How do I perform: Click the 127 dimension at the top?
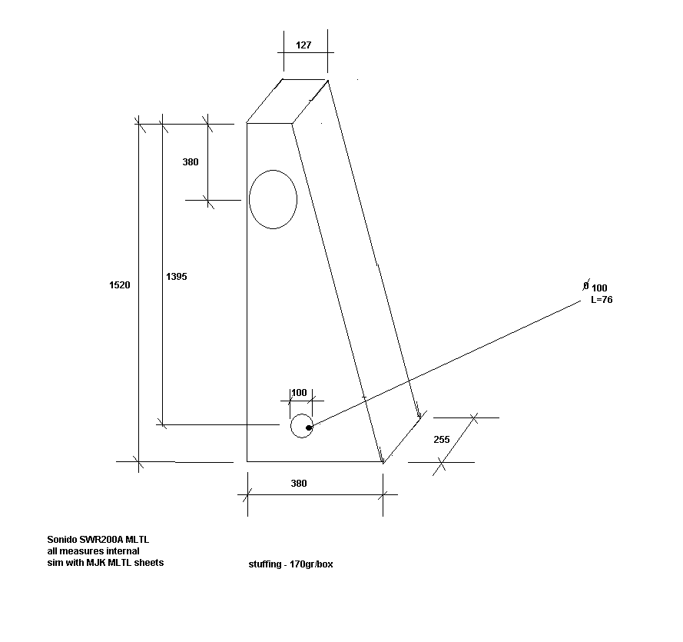pos(303,45)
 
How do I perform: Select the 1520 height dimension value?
pos(119,285)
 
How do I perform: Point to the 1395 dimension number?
pos(177,276)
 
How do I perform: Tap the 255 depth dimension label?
pos(442,439)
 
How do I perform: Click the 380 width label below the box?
pos(299,484)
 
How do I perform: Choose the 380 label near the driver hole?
pos(191,162)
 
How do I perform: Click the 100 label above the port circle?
pos(299,393)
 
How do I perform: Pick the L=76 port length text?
pos(602,300)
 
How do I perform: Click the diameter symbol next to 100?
pos(586,285)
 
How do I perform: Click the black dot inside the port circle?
pos(309,427)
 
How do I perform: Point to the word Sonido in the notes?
pos(62,540)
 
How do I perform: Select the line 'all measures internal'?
pos(93,551)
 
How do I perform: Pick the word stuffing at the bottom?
pos(265,564)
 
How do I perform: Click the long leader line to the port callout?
pos(445,363)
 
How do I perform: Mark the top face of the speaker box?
pos(287,101)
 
